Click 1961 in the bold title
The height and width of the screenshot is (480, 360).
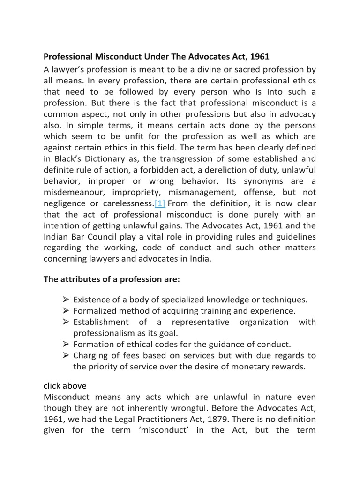point(260,57)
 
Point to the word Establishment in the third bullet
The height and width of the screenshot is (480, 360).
point(101,322)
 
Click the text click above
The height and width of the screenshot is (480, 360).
point(65,385)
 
